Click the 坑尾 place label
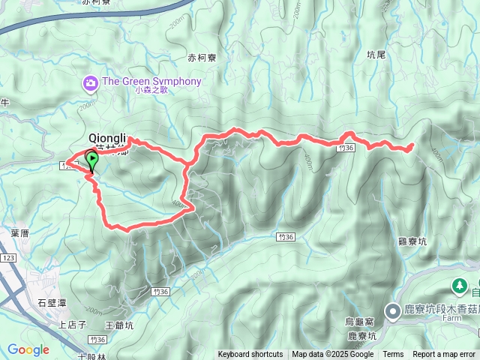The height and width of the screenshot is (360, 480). (376, 54)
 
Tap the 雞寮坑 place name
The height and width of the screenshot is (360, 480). (412, 241)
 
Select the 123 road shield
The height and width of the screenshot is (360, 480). (8, 257)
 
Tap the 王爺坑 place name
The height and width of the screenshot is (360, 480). (119, 325)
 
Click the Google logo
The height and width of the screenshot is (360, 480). (28, 349)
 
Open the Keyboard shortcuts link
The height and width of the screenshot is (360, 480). (250, 355)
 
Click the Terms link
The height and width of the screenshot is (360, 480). (393, 355)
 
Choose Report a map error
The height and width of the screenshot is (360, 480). (445, 355)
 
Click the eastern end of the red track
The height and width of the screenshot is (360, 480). (412, 145)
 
